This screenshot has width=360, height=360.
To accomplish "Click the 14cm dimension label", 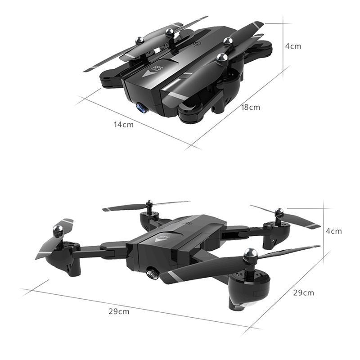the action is pos(123,125).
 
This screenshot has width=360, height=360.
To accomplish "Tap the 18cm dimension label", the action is pos(251,107).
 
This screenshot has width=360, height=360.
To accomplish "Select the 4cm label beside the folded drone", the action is pos(293,46).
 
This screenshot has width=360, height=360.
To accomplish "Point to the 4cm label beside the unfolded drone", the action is pos(334,231).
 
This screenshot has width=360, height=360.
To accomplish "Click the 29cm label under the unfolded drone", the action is pos(119,311).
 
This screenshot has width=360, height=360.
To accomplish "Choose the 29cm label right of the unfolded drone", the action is pos(303,293).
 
